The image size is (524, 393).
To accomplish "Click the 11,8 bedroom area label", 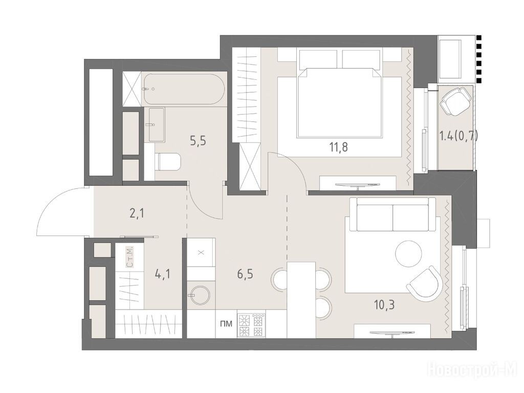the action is [338, 147].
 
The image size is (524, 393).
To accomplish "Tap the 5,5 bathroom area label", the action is [198, 141].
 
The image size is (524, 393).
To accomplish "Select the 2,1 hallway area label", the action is [137, 213].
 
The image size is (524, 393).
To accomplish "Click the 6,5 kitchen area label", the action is [245, 274].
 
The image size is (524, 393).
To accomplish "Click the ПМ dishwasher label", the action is [226, 323].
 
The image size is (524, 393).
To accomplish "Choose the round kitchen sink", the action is [199, 294].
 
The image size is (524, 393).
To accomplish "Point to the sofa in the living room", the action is [392, 214].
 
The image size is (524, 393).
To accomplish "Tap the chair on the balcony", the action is [455, 100].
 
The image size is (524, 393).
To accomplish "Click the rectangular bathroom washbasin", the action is [157, 124].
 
